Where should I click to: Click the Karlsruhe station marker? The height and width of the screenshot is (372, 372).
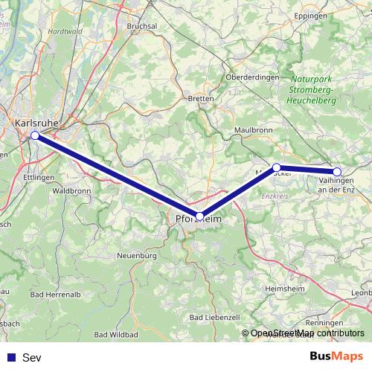(35, 135)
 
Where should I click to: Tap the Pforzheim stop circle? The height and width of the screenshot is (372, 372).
(199, 216)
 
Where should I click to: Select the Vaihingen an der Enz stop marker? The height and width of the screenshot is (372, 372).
(337, 172)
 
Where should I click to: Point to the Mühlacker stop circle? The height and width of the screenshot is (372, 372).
(276, 167)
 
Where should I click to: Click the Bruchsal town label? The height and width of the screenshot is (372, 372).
(144, 25)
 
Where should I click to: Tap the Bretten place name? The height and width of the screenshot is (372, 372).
(201, 98)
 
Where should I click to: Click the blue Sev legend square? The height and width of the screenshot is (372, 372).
(11, 357)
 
